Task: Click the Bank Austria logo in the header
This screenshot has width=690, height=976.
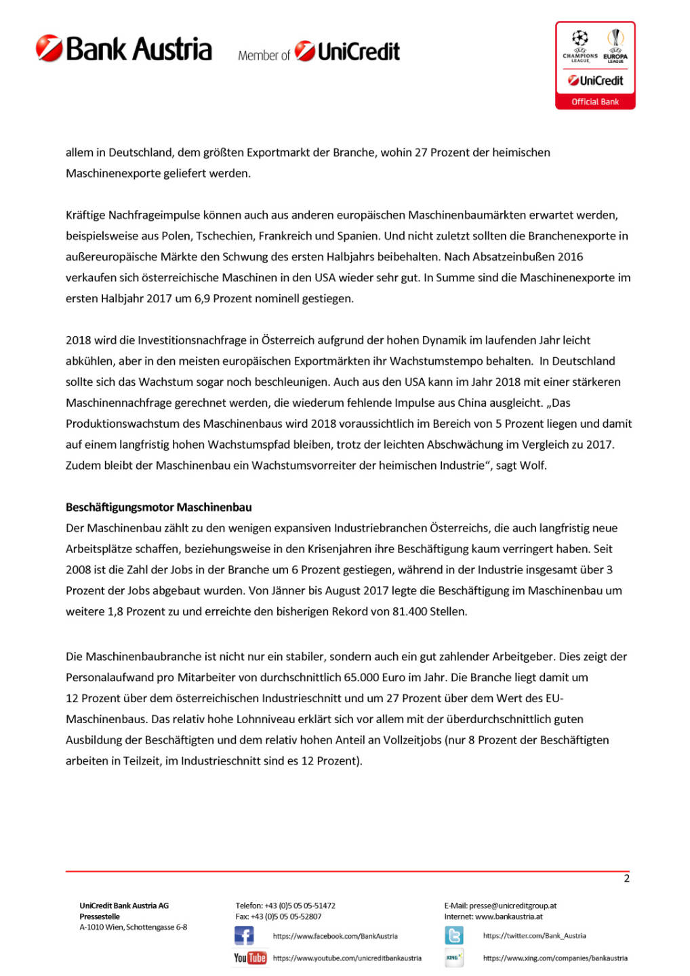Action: (124, 49)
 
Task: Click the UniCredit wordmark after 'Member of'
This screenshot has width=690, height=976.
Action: (348, 52)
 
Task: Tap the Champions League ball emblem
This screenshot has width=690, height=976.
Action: (580, 38)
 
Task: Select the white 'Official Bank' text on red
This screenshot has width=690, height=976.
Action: (595, 102)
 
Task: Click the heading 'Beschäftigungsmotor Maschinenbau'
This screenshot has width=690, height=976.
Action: (159, 507)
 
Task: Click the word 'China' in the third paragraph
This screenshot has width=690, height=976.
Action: (472, 403)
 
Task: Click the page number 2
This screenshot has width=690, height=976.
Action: (626, 878)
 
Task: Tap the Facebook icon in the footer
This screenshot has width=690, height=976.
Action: (244, 936)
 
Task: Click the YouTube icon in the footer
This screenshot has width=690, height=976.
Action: (250, 958)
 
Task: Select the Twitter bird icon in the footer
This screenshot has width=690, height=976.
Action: (454, 936)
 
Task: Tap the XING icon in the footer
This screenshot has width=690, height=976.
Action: (454, 958)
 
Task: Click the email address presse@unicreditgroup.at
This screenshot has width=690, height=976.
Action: (513, 906)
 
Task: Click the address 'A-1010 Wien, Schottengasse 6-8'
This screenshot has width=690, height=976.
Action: (134, 927)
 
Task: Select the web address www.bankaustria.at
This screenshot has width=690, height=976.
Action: (509, 916)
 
